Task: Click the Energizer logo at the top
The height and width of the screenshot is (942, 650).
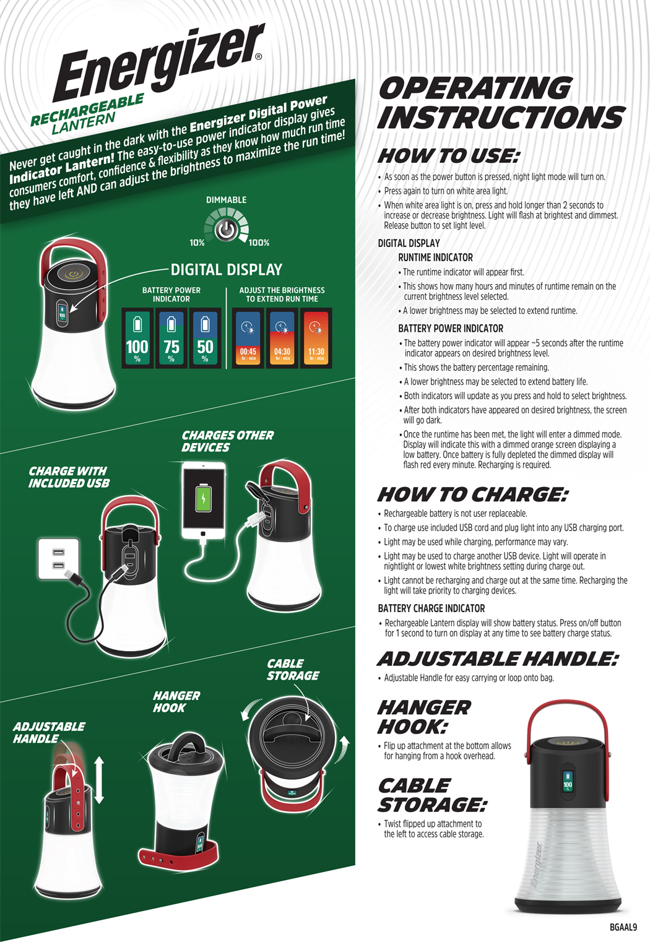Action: (x=158, y=63)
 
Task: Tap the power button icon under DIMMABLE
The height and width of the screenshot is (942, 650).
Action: (x=227, y=230)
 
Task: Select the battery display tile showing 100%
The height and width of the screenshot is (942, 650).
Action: (x=137, y=338)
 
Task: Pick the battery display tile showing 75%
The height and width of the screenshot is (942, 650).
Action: (x=171, y=338)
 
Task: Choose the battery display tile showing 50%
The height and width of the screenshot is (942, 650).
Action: (x=205, y=338)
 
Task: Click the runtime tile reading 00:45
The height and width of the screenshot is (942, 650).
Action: (x=248, y=338)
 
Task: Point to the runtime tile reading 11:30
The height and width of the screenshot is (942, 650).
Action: (x=316, y=338)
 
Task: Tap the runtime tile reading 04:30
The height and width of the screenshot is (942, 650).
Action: (x=282, y=338)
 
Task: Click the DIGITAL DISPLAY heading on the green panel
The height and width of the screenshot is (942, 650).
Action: (x=227, y=270)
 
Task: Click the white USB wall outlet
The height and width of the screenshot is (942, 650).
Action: (x=58, y=559)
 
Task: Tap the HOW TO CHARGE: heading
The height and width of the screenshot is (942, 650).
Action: (x=472, y=495)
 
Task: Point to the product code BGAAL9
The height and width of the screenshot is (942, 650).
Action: (x=623, y=927)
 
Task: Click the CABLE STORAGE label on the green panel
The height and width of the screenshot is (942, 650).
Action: (x=293, y=670)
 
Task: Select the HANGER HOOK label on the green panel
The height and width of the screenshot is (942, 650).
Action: (x=176, y=702)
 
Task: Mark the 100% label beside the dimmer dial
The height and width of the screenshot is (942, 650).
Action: (x=259, y=243)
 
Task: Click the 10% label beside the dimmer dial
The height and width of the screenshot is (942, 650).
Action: (x=197, y=243)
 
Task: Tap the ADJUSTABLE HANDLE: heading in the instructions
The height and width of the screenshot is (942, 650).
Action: (x=498, y=659)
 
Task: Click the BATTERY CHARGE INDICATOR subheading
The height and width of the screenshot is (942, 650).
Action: (x=431, y=608)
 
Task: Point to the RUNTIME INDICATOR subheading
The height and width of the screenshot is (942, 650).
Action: (x=435, y=257)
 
